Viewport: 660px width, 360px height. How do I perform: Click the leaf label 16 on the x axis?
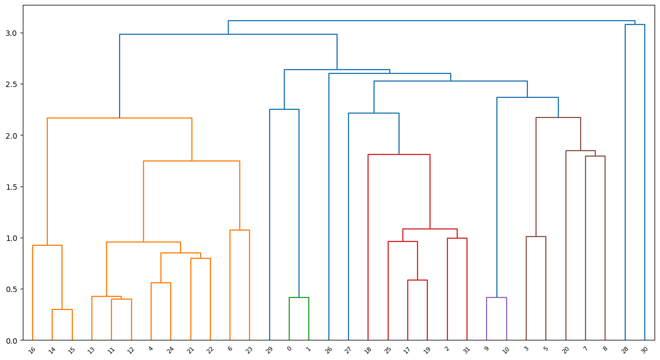(32, 350)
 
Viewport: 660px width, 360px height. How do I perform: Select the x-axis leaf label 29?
(269, 350)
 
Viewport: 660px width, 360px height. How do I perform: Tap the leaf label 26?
(328, 350)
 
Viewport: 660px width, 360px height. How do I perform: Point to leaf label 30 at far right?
(644, 349)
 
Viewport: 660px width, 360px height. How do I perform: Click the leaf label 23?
(249, 350)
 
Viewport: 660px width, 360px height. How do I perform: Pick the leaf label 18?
(368, 350)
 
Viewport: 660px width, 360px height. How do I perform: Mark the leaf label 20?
(565, 350)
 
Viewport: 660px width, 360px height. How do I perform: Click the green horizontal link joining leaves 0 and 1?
(299, 297)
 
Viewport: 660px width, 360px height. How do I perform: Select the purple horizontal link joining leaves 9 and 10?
(496, 297)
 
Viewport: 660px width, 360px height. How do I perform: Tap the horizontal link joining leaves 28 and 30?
(635, 24)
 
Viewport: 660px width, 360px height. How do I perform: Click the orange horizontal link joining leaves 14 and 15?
(62, 309)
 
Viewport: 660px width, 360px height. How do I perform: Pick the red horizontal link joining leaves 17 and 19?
(418, 280)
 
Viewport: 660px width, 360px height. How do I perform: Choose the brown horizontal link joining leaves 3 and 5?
(536, 237)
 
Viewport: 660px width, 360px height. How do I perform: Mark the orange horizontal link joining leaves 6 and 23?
(240, 230)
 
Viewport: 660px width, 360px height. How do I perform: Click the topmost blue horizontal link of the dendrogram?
(432, 21)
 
